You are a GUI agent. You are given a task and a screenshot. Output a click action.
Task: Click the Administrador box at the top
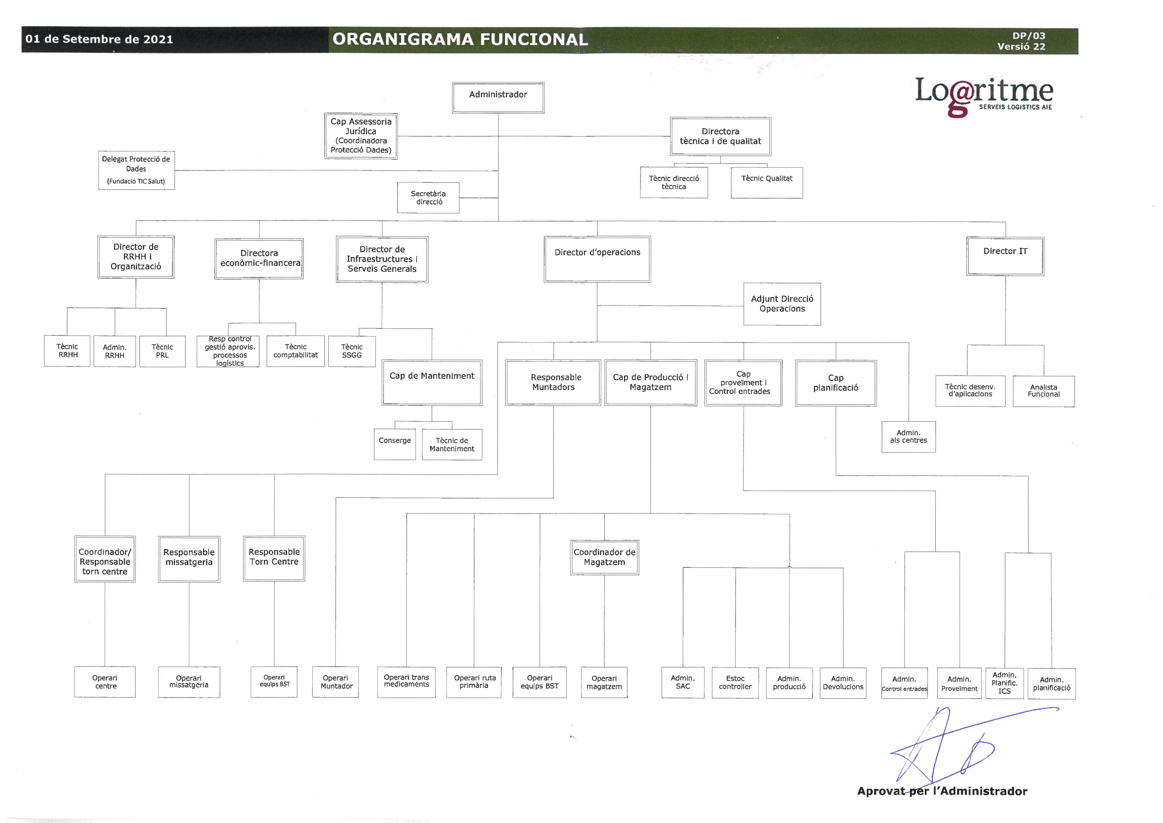(498, 97)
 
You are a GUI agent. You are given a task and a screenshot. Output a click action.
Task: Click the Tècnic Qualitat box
(767, 182)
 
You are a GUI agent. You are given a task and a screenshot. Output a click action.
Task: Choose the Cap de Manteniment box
(432, 383)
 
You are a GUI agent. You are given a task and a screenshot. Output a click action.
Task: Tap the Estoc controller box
(735, 683)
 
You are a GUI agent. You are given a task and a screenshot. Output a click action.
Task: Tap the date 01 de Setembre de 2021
(99, 39)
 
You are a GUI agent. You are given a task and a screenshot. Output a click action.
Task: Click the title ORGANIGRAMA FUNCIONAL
(460, 39)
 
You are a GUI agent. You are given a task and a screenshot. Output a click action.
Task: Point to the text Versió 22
(1021, 47)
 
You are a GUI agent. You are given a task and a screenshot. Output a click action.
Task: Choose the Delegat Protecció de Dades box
(136, 170)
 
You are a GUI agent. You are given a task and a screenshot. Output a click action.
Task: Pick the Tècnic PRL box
(162, 351)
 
